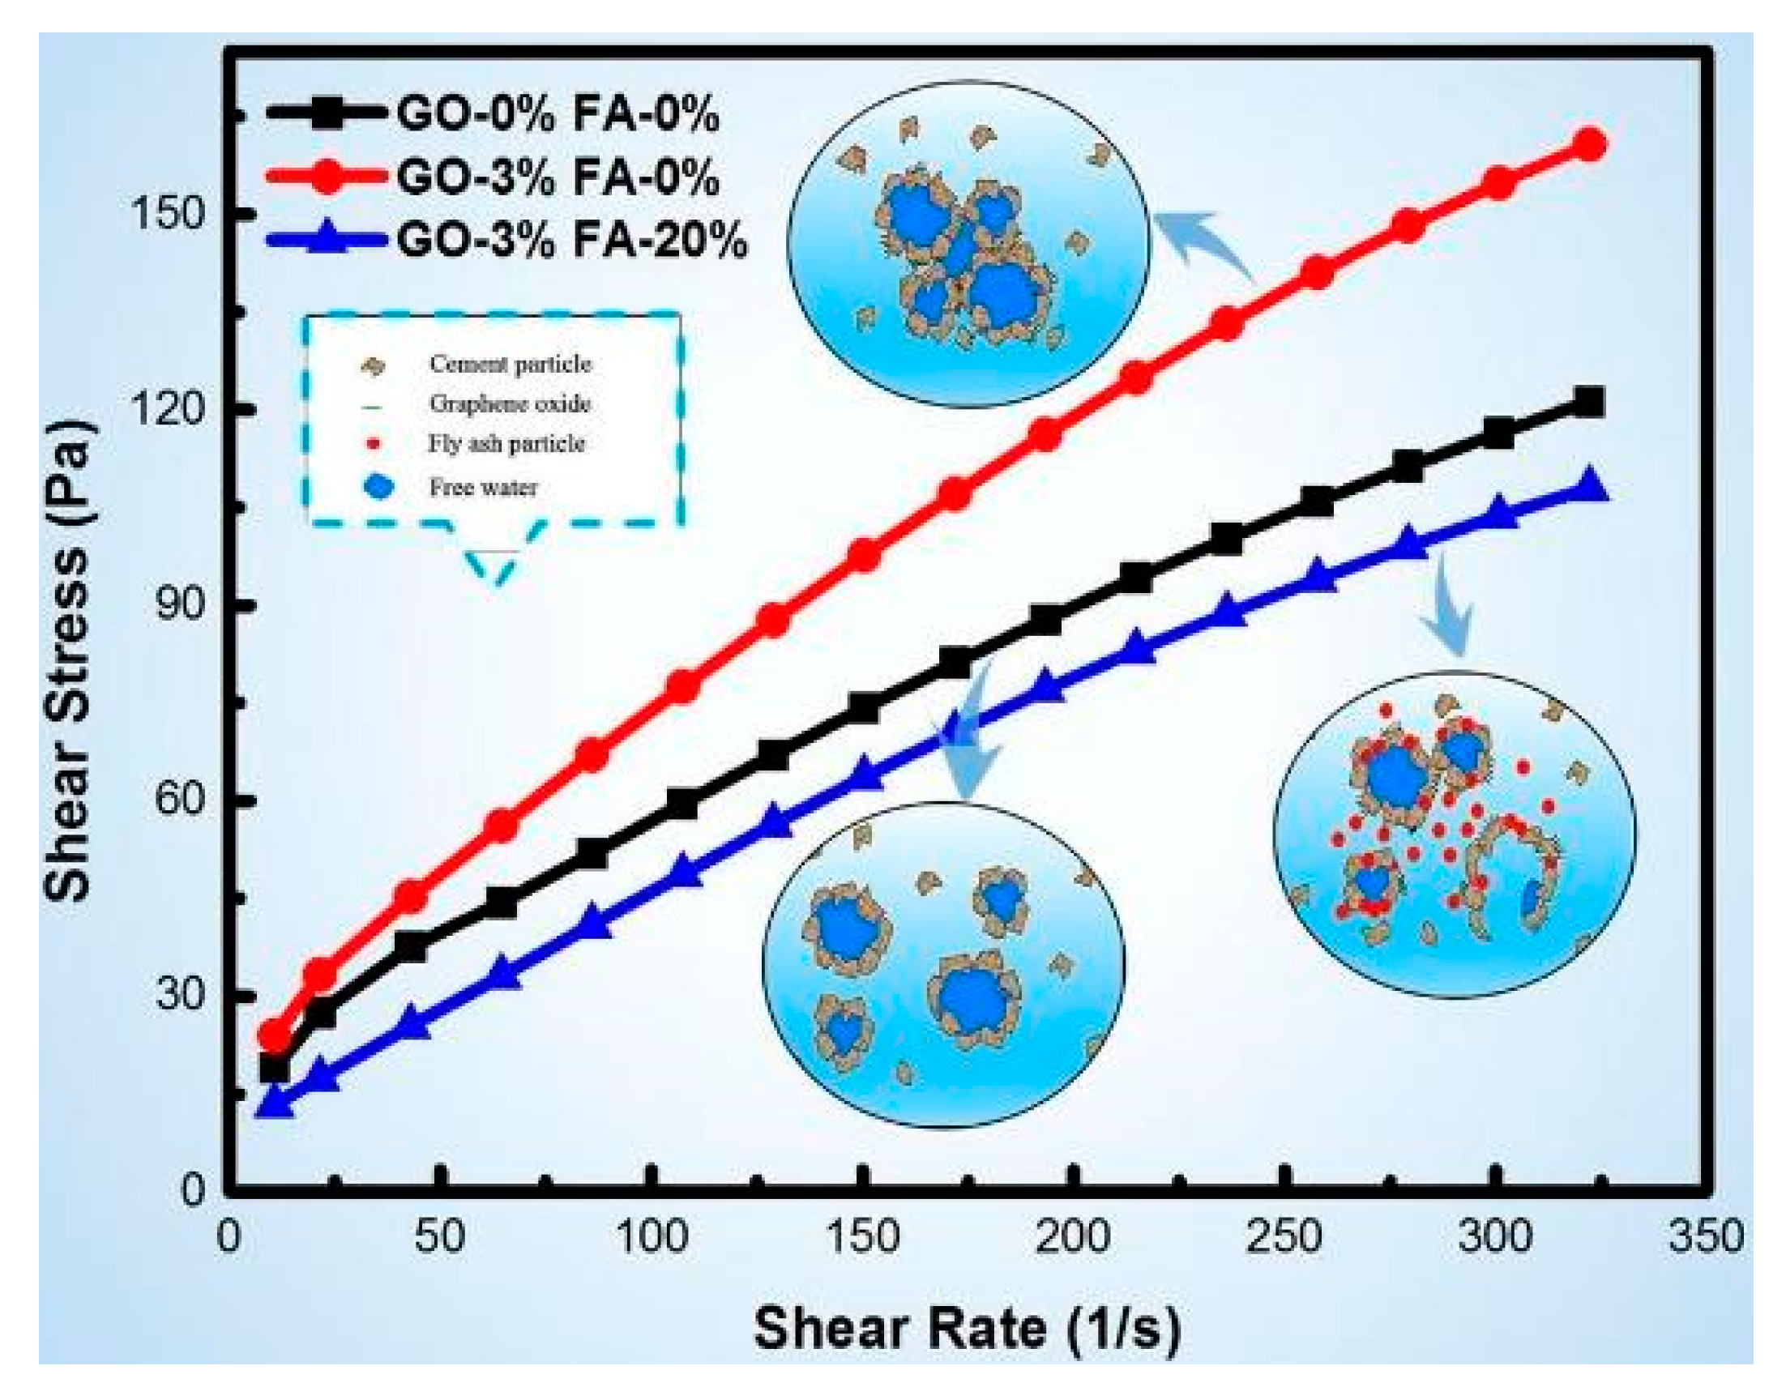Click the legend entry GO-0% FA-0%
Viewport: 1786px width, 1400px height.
(558, 113)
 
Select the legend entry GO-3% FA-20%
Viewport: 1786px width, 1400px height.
(571, 240)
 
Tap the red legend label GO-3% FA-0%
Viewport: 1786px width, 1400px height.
(558, 177)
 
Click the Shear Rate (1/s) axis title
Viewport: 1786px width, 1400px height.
(968, 1328)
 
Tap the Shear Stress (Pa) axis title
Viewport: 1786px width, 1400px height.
(69, 660)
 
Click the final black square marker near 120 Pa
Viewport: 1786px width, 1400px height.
(1589, 402)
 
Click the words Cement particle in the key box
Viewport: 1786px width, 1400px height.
(510, 363)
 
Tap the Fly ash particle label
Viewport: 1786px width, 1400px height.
(506, 443)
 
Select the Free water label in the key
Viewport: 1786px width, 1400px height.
(484, 488)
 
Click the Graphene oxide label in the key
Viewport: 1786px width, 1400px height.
(510, 403)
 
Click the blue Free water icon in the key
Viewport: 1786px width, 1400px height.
(378, 487)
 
